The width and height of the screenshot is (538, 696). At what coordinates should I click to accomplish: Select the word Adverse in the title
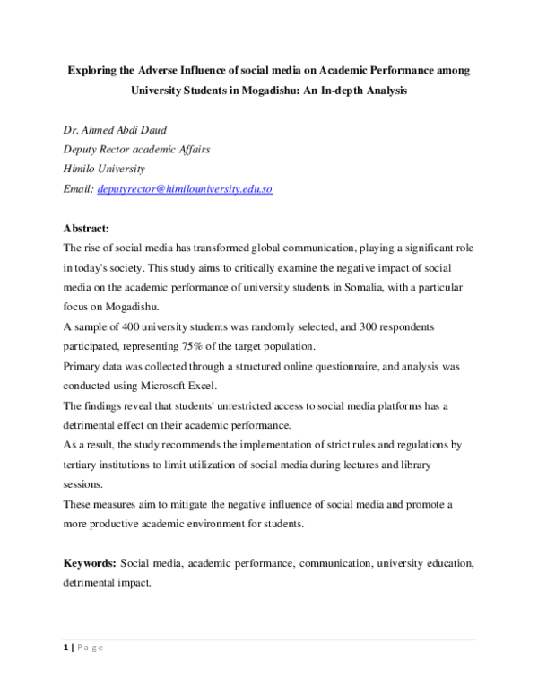pyautogui.click(x=168, y=69)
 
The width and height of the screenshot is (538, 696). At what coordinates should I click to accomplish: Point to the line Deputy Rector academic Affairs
pyautogui.click(x=136, y=150)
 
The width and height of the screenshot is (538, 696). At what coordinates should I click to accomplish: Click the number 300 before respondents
pyautogui.click(x=362, y=327)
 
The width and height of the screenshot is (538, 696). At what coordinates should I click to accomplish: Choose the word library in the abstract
pyautogui.click(x=408, y=465)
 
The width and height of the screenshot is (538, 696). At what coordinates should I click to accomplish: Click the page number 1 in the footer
pyautogui.click(x=65, y=648)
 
